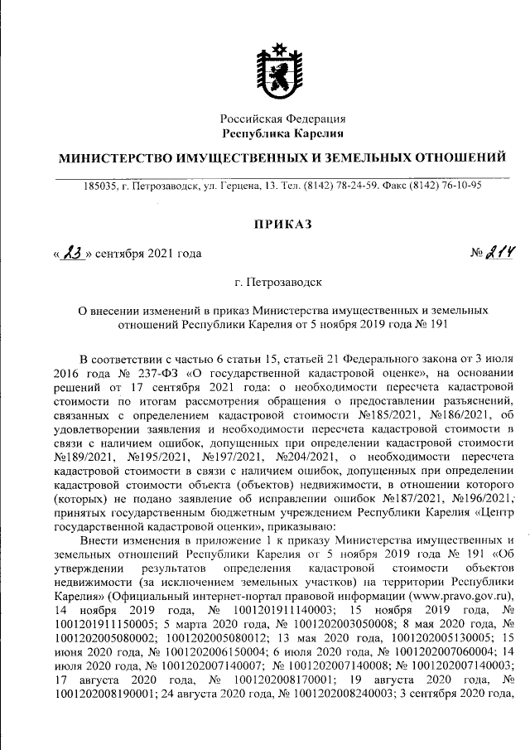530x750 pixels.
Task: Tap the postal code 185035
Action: tap(101, 186)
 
